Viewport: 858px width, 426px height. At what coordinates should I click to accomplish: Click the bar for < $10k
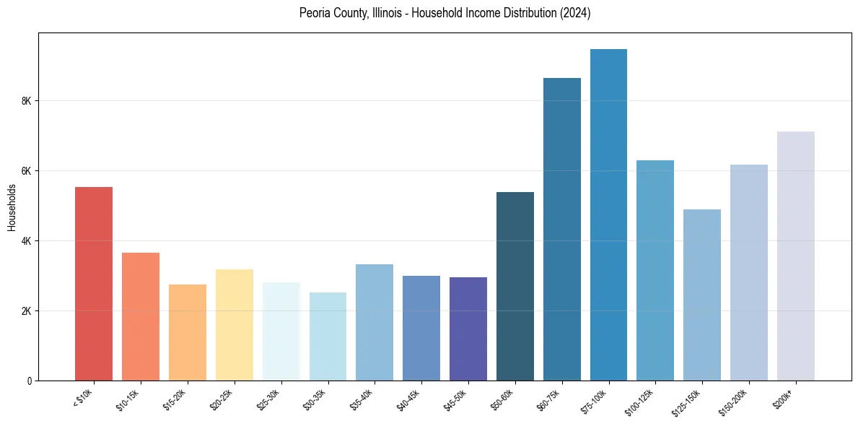[94, 284]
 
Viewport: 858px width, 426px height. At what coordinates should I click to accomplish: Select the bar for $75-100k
[608, 214]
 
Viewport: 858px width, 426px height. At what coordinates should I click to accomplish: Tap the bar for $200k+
[795, 256]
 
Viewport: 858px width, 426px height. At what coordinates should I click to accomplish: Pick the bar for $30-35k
[328, 336]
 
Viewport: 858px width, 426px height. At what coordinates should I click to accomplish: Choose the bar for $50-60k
[515, 286]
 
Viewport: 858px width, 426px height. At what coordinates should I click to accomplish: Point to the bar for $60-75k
[561, 229]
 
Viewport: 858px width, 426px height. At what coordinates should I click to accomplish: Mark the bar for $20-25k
[234, 325]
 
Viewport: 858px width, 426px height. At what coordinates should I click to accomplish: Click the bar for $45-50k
[468, 329]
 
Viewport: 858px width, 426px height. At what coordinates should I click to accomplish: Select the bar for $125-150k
[702, 295]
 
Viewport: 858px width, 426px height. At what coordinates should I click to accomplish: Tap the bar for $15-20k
[188, 332]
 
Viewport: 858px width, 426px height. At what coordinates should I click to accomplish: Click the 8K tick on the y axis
[27, 101]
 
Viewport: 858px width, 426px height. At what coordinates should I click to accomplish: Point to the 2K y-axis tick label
[27, 311]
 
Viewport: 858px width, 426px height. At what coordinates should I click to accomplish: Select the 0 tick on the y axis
[30, 381]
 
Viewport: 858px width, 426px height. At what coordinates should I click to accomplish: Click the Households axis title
[12, 207]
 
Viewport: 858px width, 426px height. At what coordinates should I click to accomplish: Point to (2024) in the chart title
[576, 14]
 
